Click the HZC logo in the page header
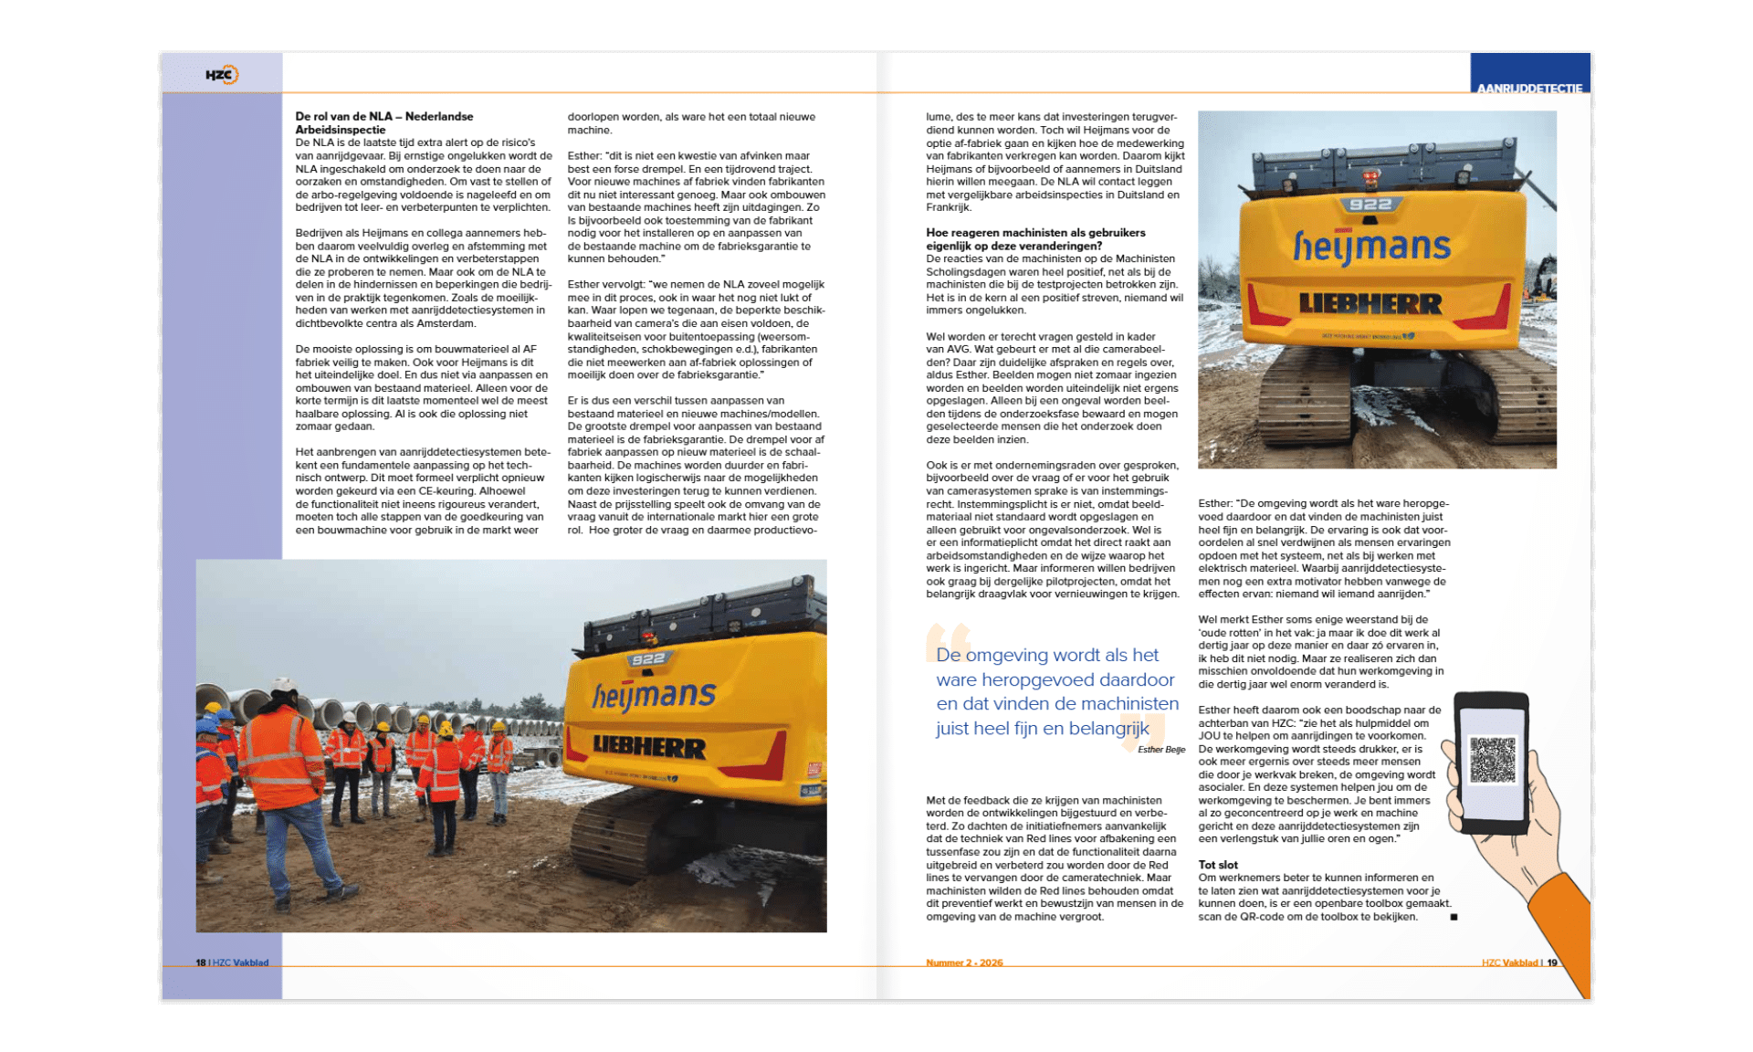coord(222,75)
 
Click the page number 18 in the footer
coord(201,963)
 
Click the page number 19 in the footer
coord(1552,963)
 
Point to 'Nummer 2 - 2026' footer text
coord(964,963)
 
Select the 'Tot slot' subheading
coord(1218,865)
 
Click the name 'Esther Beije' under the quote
coord(1161,750)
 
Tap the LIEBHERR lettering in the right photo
coord(1370,303)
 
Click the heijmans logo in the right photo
coord(1371,247)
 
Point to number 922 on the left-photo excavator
coord(647,659)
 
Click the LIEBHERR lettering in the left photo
coord(649,746)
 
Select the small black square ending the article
coord(1454,917)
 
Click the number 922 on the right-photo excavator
coord(1370,204)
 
